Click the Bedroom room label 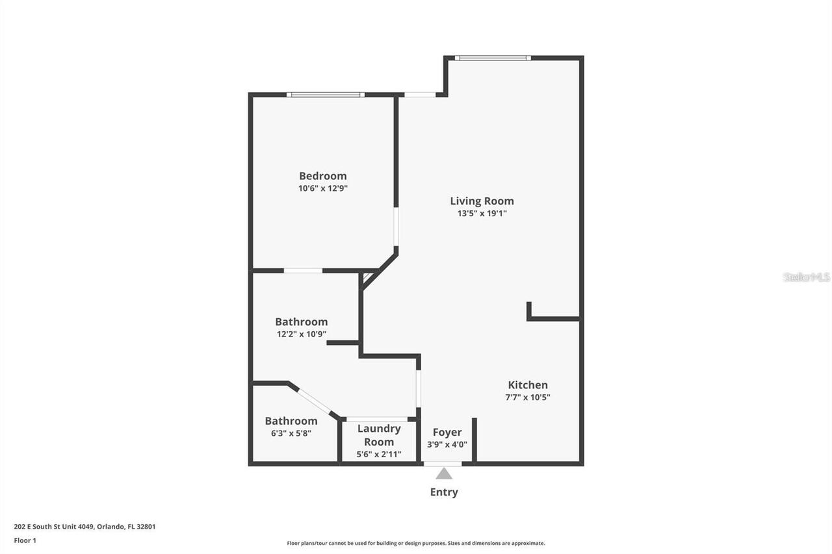click(x=322, y=175)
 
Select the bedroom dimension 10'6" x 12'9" click(x=322, y=188)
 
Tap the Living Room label click(x=482, y=201)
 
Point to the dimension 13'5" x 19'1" click(x=482, y=213)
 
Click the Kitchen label click(x=528, y=384)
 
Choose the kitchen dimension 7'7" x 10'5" click(x=528, y=397)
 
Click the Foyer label click(x=447, y=432)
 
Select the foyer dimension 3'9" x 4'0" click(x=447, y=445)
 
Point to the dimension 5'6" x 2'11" click(x=379, y=455)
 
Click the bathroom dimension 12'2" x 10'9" click(x=301, y=334)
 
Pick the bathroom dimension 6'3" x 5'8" click(x=291, y=433)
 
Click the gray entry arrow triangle click(x=444, y=473)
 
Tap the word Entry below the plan click(x=444, y=492)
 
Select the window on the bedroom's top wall click(x=325, y=95)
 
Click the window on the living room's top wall click(x=493, y=58)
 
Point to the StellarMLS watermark click(x=806, y=277)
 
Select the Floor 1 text click(x=25, y=540)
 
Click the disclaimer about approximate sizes click(x=416, y=543)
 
